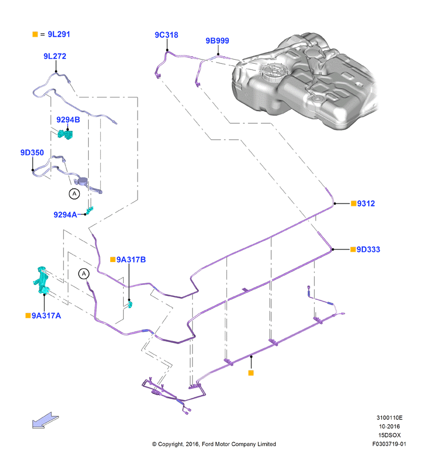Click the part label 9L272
(x=55, y=56)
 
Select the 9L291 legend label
(x=58, y=34)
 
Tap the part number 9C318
(x=166, y=35)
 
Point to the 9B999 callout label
(x=217, y=41)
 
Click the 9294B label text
(x=68, y=119)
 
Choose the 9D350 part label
(x=32, y=153)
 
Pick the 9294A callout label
(x=65, y=214)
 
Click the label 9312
(x=366, y=204)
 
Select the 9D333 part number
(x=368, y=249)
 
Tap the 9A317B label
(x=131, y=260)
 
